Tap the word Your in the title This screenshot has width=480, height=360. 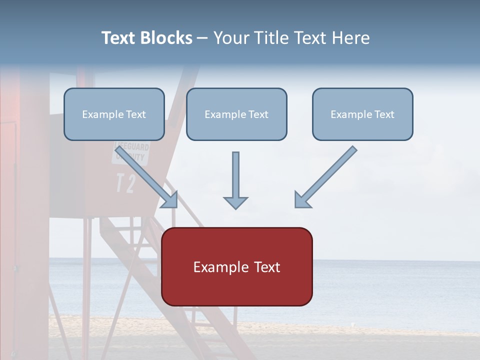pos(232,38)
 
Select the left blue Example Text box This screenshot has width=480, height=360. pos(114,114)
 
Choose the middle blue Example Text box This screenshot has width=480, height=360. pos(236,114)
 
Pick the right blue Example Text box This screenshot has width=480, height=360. pos(362,114)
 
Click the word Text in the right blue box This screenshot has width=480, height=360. pos(384,114)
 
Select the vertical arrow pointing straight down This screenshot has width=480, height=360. pos(235,180)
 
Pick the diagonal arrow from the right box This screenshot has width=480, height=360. pos(326,176)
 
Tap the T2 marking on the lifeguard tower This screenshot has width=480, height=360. pos(125,183)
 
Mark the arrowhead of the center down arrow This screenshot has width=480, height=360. pos(235,202)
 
